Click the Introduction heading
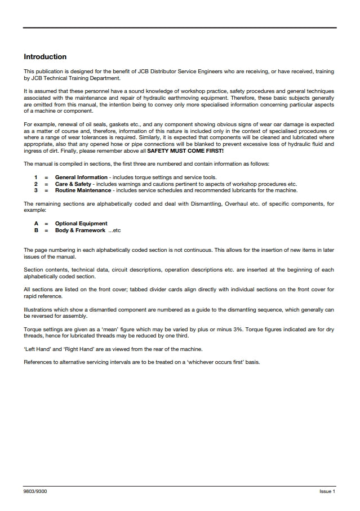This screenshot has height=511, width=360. (x=45, y=57)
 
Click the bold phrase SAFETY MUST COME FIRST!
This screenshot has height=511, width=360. (x=186, y=150)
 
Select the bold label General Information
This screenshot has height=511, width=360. (x=81, y=177)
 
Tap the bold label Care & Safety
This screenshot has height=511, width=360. (x=73, y=184)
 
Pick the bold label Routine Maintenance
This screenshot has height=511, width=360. (x=83, y=190)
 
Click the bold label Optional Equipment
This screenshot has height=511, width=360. (x=81, y=224)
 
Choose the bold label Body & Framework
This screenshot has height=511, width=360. (x=80, y=230)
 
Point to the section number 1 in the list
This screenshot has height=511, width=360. (x=36, y=177)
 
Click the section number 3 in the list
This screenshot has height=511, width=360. (x=36, y=190)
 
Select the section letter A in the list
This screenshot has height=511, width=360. (x=36, y=224)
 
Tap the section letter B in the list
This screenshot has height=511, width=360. (x=36, y=230)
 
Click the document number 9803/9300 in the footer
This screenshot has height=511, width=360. (x=35, y=492)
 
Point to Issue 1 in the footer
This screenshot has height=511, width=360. (x=327, y=492)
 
